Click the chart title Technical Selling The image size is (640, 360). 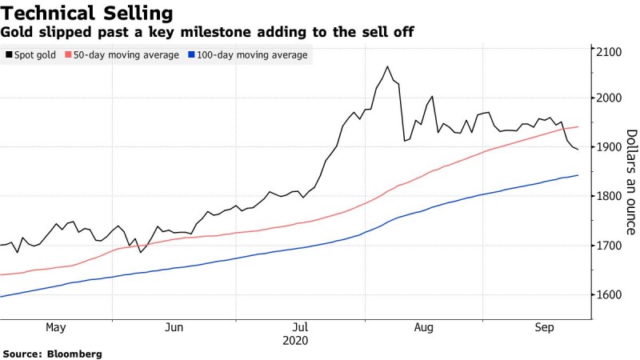tap(87, 13)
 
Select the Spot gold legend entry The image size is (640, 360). tap(34, 55)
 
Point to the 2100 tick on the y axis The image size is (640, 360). tap(609, 52)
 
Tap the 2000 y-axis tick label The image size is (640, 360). tap(609, 98)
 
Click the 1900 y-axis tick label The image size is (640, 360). tap(609, 147)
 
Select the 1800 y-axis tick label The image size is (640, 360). tap(609, 196)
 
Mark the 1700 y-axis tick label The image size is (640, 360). tap(609, 246)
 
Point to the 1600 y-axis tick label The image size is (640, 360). tap(609, 294)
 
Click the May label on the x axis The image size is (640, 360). tap(55, 327)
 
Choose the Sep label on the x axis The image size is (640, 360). tap(545, 327)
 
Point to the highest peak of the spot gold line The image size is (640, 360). tap(388, 66)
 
